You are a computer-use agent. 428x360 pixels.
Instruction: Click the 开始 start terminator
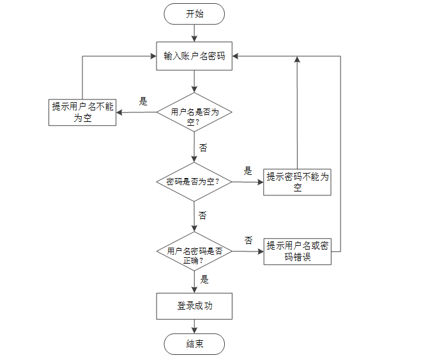(x=194, y=14)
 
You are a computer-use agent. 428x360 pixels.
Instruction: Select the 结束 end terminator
(x=194, y=343)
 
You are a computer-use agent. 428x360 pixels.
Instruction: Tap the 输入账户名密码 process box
(x=194, y=56)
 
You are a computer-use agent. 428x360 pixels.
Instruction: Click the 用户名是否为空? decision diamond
(x=194, y=112)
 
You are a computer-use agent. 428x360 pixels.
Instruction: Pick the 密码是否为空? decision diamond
(x=194, y=182)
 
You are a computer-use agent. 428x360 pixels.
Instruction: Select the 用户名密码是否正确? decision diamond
(x=194, y=251)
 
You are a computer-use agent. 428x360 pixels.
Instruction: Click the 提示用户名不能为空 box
(x=82, y=112)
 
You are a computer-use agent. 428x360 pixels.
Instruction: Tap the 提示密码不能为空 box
(x=297, y=182)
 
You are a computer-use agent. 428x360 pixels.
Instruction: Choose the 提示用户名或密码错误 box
(x=298, y=251)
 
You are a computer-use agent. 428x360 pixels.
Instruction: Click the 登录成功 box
(x=194, y=306)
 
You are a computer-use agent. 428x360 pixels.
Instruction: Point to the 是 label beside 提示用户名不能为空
(x=143, y=101)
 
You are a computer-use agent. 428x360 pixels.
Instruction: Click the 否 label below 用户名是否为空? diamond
(x=203, y=148)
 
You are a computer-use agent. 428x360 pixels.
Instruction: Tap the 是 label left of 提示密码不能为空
(x=248, y=171)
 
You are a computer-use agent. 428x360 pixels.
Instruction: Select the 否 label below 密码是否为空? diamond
(x=203, y=216)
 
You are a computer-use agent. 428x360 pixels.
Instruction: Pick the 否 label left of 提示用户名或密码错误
(x=248, y=240)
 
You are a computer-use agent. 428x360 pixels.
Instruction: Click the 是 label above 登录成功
(x=204, y=280)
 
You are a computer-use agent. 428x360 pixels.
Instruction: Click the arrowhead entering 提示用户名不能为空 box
(x=119, y=112)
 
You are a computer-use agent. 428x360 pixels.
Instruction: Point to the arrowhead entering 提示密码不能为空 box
(x=261, y=182)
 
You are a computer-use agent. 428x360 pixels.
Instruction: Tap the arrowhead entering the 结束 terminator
(x=194, y=331)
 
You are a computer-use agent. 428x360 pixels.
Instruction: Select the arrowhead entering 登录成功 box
(x=194, y=290)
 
